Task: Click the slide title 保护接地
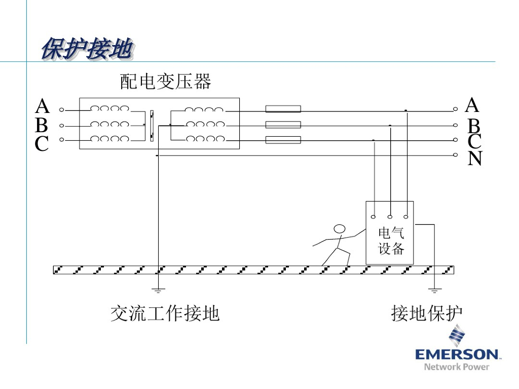[87, 50]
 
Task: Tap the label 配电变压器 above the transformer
[165, 81]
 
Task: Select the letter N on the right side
[475, 159]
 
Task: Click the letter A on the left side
[42, 107]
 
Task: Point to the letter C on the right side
[474, 142]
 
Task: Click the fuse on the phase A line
[283, 109]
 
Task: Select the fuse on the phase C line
[283, 140]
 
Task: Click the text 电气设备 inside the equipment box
[391, 241]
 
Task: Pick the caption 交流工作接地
[165, 314]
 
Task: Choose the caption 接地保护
[427, 314]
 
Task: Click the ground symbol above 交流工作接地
[158, 290]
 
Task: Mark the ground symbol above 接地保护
[434, 290]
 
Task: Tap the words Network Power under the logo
[457, 366]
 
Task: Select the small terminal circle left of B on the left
[62, 125]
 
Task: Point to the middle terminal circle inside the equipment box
[390, 217]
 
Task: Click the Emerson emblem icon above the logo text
[457, 335]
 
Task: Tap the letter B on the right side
[474, 126]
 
